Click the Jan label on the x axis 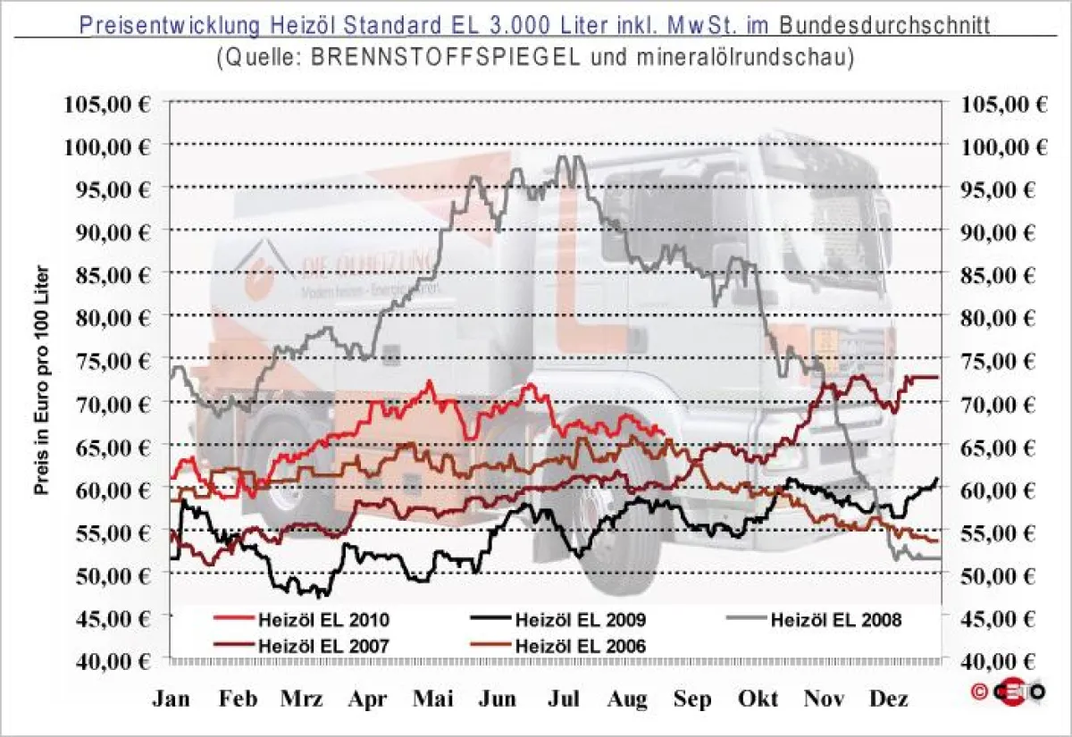[x=171, y=699]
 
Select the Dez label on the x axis [x=889, y=699]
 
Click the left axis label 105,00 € [x=107, y=102]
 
